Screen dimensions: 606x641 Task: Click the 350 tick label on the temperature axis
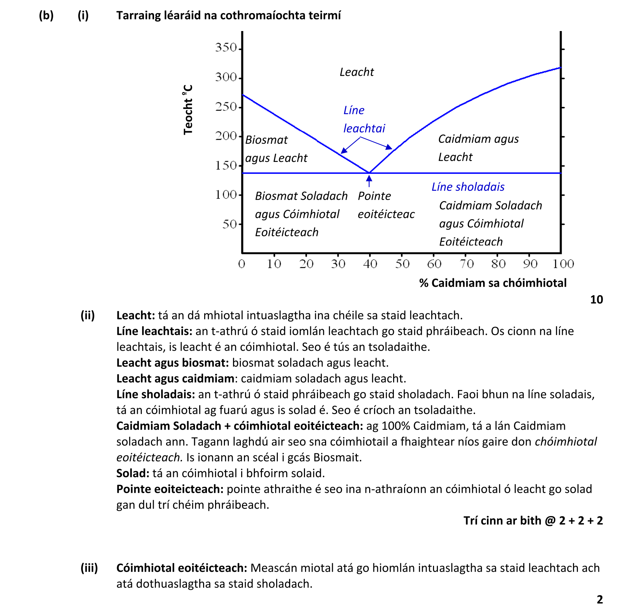[x=226, y=48]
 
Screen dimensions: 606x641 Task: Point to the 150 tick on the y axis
[x=226, y=165]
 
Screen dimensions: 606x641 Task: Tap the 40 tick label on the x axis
[x=370, y=264]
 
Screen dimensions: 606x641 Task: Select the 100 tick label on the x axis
[x=563, y=264]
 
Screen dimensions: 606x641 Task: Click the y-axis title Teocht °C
[x=188, y=109]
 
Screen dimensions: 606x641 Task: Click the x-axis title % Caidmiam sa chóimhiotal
[x=493, y=283]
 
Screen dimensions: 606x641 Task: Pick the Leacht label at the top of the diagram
[x=356, y=72]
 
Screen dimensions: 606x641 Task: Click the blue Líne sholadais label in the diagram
[x=468, y=187]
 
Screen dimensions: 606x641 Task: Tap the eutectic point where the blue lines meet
[x=369, y=173]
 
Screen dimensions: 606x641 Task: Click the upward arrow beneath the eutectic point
[x=369, y=181]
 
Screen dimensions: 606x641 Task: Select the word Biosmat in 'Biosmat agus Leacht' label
[x=266, y=140]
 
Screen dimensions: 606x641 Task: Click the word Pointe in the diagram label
[x=374, y=196]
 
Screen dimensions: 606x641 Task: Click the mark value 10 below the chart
[x=596, y=299]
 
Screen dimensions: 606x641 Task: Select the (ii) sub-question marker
[x=87, y=315]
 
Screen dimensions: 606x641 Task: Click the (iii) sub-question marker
[x=89, y=568]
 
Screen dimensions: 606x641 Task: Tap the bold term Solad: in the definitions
[x=133, y=473]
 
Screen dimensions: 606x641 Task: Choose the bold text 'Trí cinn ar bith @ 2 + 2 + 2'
[x=533, y=521]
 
